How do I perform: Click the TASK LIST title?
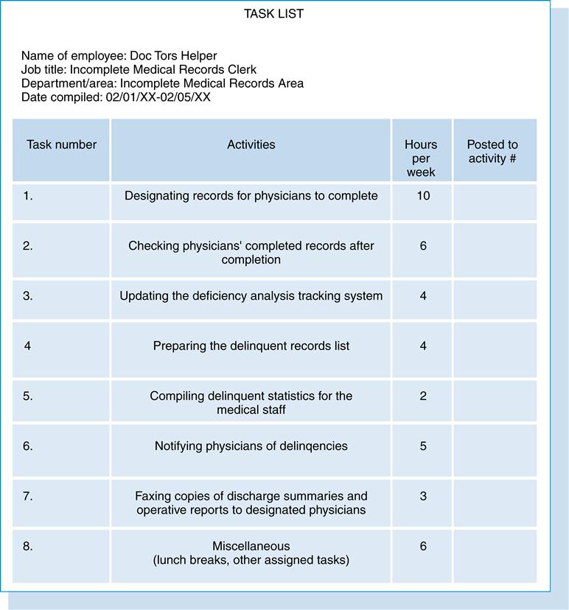pyautogui.click(x=273, y=14)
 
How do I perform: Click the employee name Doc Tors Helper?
pyautogui.click(x=173, y=56)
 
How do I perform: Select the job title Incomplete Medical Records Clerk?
pyautogui.click(x=163, y=70)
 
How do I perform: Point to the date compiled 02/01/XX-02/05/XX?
pyautogui.click(x=158, y=97)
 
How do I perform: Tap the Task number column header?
pyautogui.click(x=61, y=145)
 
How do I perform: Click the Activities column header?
pyautogui.click(x=251, y=145)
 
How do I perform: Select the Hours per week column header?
pyautogui.click(x=421, y=158)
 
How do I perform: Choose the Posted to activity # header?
pyautogui.click(x=492, y=152)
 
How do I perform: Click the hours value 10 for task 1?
pyautogui.click(x=422, y=196)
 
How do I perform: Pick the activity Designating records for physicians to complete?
pyautogui.click(x=251, y=196)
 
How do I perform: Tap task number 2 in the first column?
pyautogui.click(x=28, y=246)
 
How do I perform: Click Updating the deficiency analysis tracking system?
pyautogui.click(x=251, y=296)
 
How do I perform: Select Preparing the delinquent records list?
pyautogui.click(x=251, y=346)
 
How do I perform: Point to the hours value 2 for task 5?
pyautogui.click(x=422, y=396)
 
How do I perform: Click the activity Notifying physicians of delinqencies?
pyautogui.click(x=251, y=446)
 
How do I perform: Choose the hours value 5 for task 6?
pyautogui.click(x=422, y=446)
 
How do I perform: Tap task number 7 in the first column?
pyautogui.click(x=28, y=497)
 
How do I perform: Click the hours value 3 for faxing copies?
pyautogui.click(x=422, y=497)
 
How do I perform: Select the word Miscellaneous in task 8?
pyautogui.click(x=251, y=547)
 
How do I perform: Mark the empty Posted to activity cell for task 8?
pyautogui.click(x=494, y=555)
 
